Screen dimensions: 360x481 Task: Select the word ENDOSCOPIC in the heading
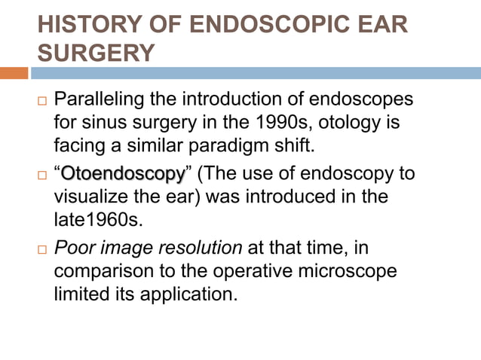(262, 26)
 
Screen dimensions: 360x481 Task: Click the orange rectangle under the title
(14, 73)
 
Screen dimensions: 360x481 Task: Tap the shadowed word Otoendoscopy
(123, 175)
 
